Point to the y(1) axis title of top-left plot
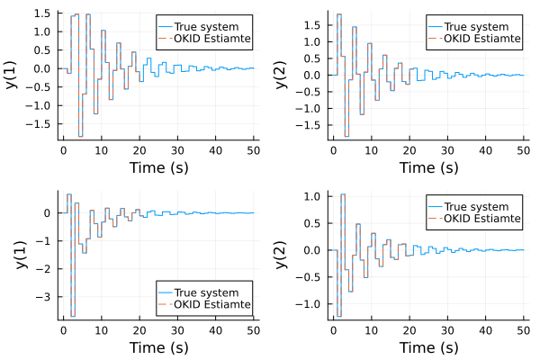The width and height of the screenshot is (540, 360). click(13, 73)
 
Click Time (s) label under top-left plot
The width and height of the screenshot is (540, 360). click(158, 167)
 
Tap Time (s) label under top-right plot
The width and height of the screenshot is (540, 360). click(428, 167)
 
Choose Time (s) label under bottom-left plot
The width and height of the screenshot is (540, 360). click(158, 347)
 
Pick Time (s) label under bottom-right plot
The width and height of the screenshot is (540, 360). click(428, 347)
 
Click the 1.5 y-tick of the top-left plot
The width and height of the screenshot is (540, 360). click(40, 13)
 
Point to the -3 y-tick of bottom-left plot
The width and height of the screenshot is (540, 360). click(48, 295)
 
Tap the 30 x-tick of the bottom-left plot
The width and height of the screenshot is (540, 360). click(177, 328)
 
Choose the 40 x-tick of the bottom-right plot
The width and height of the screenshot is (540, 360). click(485, 328)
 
